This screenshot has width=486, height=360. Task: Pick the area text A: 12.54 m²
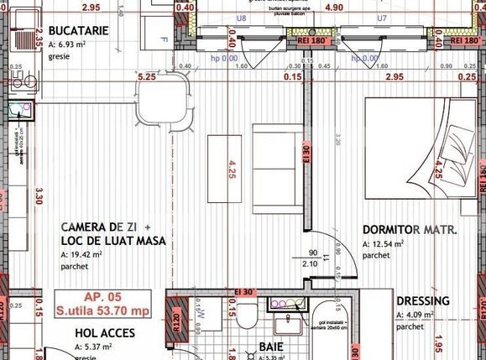pyautogui.click(x=384, y=244)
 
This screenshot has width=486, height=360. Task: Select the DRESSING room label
pyautogui.click(x=422, y=300)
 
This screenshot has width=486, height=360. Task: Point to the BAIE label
pyautogui.click(x=269, y=346)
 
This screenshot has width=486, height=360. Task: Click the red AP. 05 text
pyautogui.click(x=102, y=297)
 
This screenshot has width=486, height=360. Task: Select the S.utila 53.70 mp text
pyautogui.click(x=102, y=310)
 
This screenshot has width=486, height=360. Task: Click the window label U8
pyautogui.click(x=241, y=17)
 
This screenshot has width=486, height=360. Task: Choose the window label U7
pyautogui.click(x=381, y=17)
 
